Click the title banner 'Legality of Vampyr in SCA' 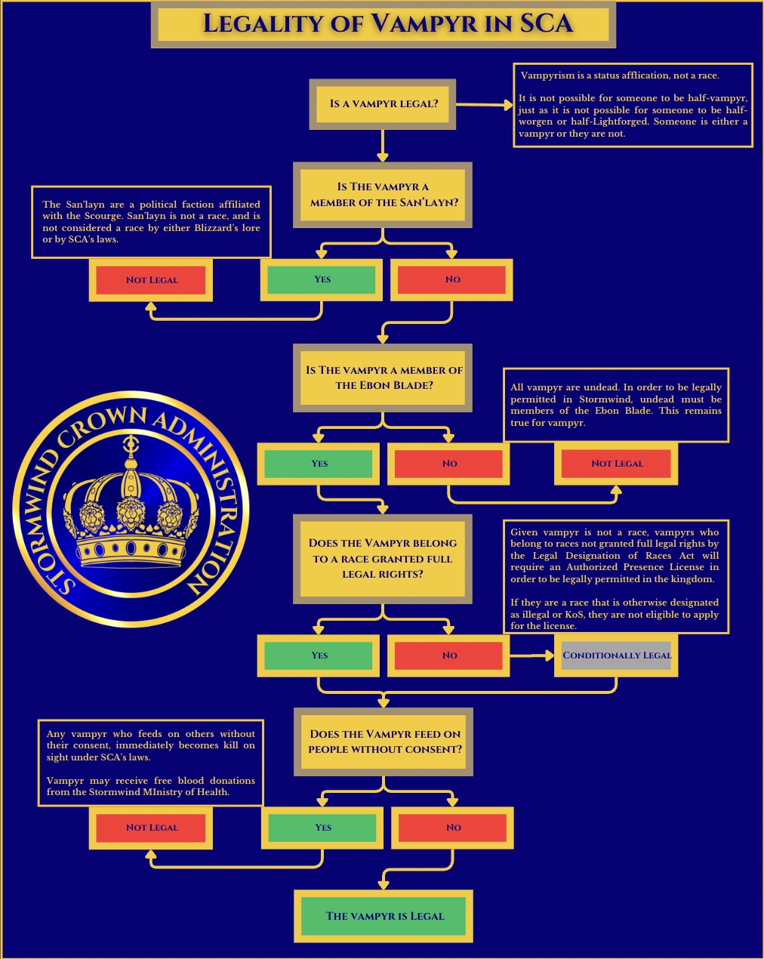pyautogui.click(x=383, y=24)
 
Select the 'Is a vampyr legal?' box pyautogui.click(x=383, y=103)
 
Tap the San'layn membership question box pyautogui.click(x=384, y=195)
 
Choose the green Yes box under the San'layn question pyautogui.click(x=322, y=279)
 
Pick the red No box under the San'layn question pyautogui.click(x=452, y=279)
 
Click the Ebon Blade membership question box pyautogui.click(x=384, y=378)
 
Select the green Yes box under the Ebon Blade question pyautogui.click(x=319, y=464)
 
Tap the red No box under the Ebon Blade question pyautogui.click(x=449, y=464)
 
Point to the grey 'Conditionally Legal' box pyautogui.click(x=617, y=655)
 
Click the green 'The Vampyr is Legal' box pyautogui.click(x=384, y=916)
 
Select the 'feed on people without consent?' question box pyautogui.click(x=384, y=742)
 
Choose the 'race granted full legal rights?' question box pyautogui.click(x=383, y=559)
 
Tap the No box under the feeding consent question pyautogui.click(x=453, y=828)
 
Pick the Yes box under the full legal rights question pyautogui.click(x=319, y=655)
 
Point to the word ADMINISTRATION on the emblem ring pyautogui.click(x=208, y=498)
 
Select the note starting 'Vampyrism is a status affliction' pyautogui.click(x=633, y=105)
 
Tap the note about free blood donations pyautogui.click(x=151, y=763)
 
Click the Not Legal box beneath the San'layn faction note pyautogui.click(x=151, y=280)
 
